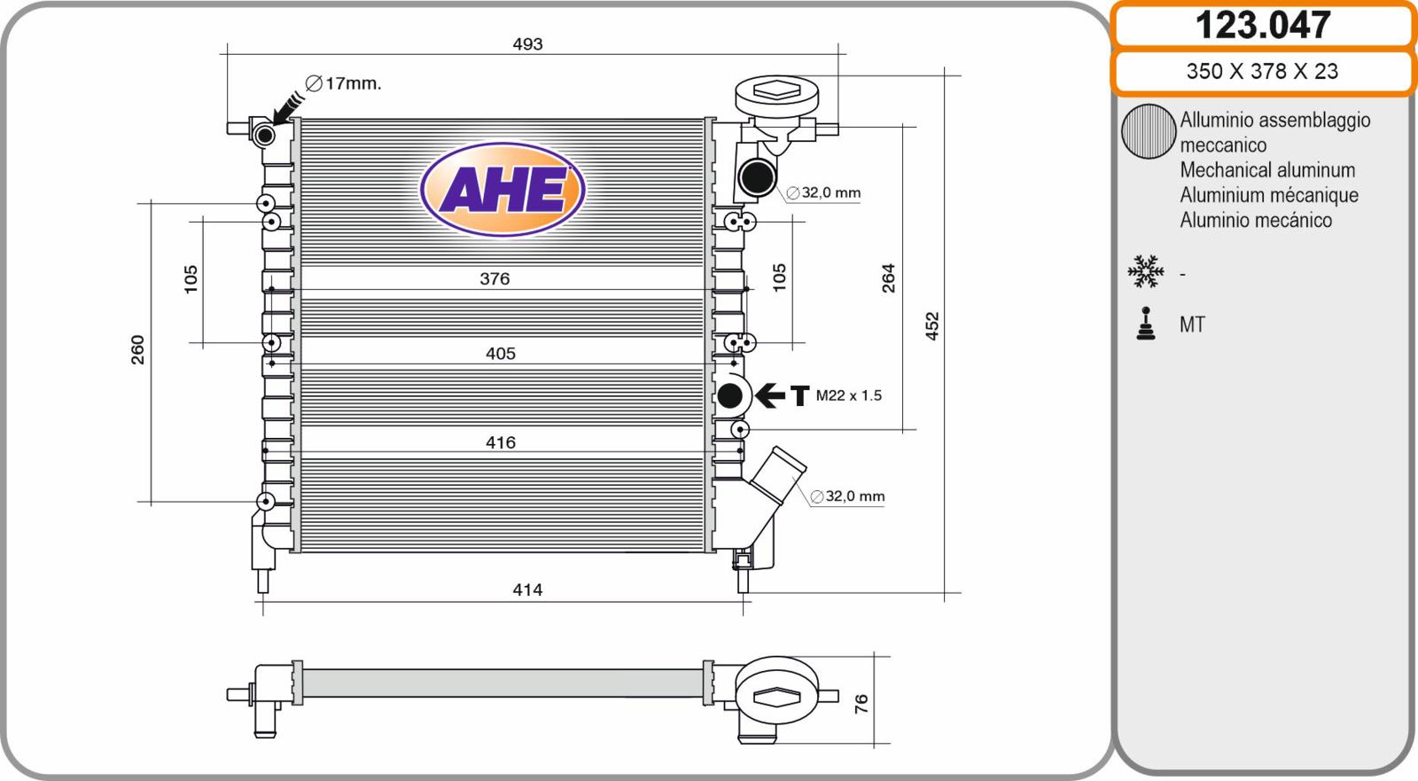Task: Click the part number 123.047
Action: tap(1262, 25)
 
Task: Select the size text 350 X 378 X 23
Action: tap(1262, 71)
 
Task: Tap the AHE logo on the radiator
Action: tap(503, 190)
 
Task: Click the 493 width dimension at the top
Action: tap(527, 43)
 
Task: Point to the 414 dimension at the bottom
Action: tap(527, 590)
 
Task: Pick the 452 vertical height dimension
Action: tap(931, 326)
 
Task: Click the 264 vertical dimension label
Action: tap(888, 278)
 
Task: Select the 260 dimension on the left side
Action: tap(137, 349)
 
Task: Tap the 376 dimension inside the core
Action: tap(495, 278)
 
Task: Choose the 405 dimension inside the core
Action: tap(500, 354)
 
